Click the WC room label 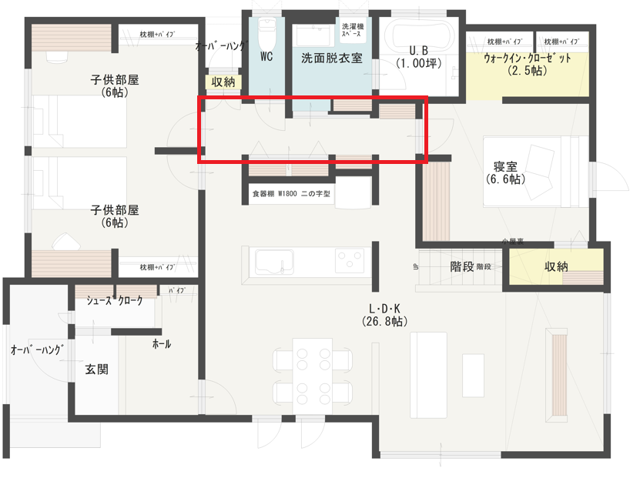[266, 56]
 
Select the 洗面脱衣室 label [331, 57]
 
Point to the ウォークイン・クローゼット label [528, 58]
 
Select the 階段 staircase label [461, 267]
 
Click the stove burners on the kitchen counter [350, 259]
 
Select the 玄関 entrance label [96, 369]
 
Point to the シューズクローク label [115, 301]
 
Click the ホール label [162, 344]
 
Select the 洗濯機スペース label [354, 29]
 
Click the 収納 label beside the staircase [556, 267]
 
